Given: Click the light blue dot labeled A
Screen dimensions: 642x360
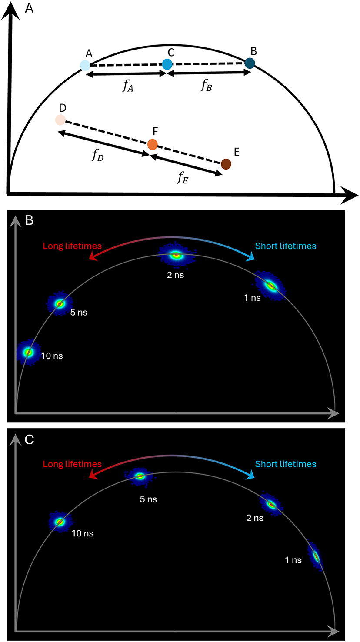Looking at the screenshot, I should click(85, 66).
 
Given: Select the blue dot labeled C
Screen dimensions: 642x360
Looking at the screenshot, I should click(167, 64).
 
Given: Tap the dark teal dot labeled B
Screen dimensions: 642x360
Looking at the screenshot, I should click(250, 63).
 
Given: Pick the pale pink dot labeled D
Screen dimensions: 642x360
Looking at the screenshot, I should click(60, 120).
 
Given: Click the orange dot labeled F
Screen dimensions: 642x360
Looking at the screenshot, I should click(152, 144).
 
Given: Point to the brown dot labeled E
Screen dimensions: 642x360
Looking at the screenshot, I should click(226, 164).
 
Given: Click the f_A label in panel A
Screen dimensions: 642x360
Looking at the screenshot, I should click(128, 86).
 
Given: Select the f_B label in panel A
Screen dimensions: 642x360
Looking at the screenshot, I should click(207, 85).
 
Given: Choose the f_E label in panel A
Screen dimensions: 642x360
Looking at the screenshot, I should click(181, 177).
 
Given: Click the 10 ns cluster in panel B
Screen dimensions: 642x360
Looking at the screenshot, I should click(28, 352).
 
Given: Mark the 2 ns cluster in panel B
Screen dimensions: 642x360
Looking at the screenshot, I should click(176, 255).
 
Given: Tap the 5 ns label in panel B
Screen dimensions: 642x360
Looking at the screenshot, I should click(79, 312).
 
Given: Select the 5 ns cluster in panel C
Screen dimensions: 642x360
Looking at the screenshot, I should click(140, 476).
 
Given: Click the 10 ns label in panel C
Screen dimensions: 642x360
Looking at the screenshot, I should click(83, 533).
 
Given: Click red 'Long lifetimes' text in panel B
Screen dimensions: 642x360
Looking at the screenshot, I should click(72, 246).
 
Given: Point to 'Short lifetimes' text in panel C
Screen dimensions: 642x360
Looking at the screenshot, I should click(286, 464).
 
